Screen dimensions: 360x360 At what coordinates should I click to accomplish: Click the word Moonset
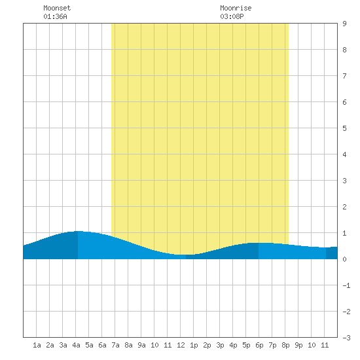57,8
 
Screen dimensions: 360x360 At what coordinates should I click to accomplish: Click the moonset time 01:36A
55,16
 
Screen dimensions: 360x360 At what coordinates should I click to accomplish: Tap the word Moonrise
236,8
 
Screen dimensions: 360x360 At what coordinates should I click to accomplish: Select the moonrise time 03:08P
232,16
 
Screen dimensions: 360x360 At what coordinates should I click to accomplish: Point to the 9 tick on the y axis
344,24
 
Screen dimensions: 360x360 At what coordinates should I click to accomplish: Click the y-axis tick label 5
344,128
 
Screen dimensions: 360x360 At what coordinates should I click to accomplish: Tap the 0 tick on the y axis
344,259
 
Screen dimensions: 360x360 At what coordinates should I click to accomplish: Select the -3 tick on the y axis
346,338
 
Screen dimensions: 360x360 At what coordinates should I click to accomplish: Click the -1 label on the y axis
346,285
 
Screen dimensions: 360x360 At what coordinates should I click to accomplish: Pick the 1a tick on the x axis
37,345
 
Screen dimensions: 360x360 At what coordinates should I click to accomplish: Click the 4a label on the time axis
76,345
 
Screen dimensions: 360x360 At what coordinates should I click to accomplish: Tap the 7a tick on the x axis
115,345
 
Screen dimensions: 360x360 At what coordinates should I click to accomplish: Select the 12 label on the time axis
181,345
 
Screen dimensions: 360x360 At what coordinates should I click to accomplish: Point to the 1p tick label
194,345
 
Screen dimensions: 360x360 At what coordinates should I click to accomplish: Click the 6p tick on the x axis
259,345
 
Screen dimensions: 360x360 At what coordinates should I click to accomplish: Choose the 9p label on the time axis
298,345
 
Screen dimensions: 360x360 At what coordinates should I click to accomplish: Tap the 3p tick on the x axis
220,345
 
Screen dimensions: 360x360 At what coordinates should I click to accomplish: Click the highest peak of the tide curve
78,231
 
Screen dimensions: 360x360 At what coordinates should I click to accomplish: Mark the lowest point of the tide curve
186,255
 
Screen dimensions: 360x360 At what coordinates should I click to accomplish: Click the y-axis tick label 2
344,207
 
